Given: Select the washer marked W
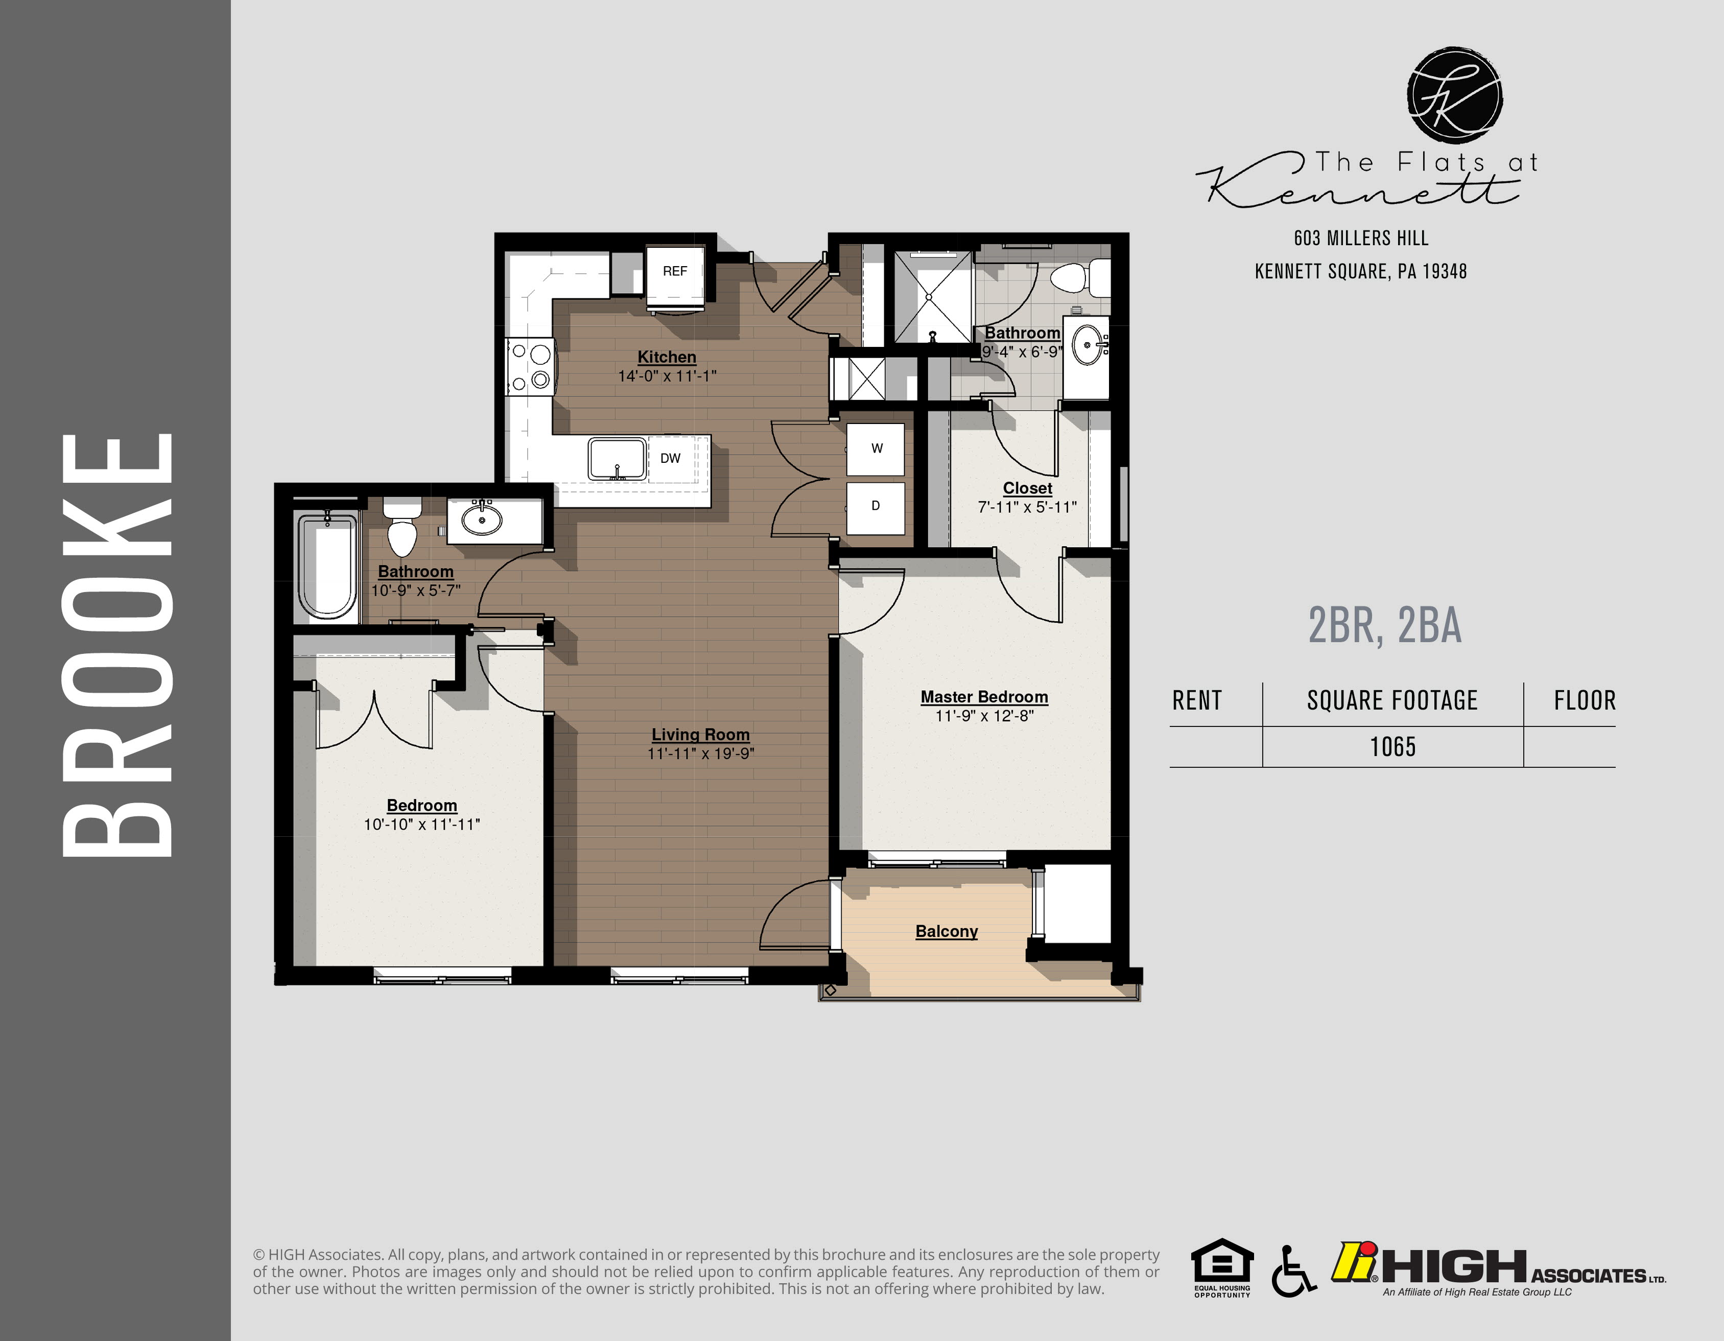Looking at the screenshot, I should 876,449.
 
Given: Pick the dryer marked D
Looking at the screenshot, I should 876,506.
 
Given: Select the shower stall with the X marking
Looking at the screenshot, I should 931,297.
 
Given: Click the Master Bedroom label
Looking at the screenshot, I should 983,697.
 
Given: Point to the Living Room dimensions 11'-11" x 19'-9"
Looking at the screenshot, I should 700,754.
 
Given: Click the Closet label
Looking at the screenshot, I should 1027,488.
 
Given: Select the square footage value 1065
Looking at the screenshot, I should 1392,747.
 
